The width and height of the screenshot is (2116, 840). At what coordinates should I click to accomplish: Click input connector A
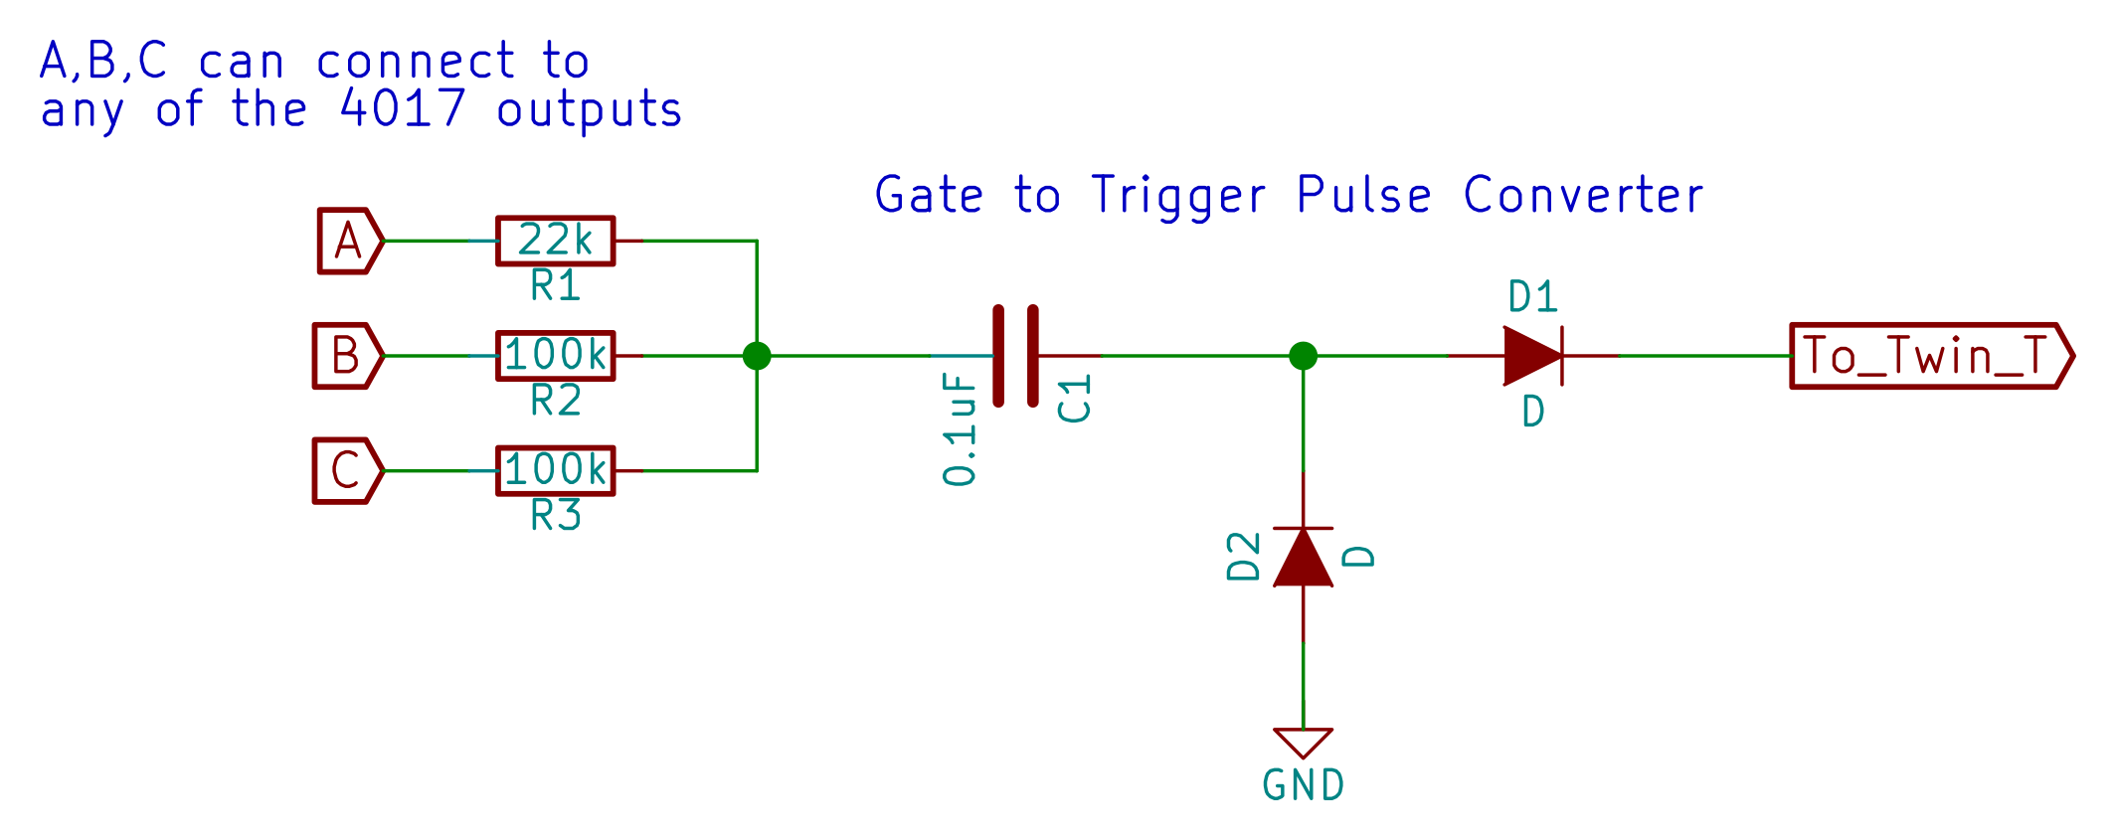tap(348, 241)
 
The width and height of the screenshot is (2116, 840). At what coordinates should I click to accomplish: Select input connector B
tap(346, 355)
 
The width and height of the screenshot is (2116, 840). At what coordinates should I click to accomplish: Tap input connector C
tap(346, 470)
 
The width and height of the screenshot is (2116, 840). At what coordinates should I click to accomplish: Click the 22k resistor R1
tap(555, 241)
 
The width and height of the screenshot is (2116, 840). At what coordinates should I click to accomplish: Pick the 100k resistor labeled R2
tap(555, 355)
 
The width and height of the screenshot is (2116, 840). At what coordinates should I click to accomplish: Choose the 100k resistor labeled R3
tap(555, 470)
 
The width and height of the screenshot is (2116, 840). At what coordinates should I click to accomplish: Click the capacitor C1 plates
tap(1016, 356)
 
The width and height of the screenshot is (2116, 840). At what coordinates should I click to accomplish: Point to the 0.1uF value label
tap(961, 430)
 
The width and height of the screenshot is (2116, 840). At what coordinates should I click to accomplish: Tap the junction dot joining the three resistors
tap(757, 355)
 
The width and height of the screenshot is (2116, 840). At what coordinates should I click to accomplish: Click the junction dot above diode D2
tap(1303, 355)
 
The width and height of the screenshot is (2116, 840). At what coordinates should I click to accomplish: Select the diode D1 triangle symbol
tap(1532, 355)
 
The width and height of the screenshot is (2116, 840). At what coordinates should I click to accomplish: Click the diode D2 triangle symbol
tap(1303, 558)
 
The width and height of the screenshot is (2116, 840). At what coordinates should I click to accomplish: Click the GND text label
tap(1303, 785)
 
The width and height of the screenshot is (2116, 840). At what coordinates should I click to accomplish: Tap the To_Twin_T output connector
tap(1929, 355)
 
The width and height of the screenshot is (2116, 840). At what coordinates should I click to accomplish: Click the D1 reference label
tap(1532, 296)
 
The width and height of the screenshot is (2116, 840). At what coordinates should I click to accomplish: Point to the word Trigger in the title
tap(1179, 195)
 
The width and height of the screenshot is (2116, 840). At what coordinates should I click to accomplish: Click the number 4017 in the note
tap(402, 108)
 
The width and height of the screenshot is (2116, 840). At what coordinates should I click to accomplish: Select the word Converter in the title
tap(1583, 195)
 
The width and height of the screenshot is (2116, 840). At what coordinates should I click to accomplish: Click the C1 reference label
tap(1075, 399)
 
